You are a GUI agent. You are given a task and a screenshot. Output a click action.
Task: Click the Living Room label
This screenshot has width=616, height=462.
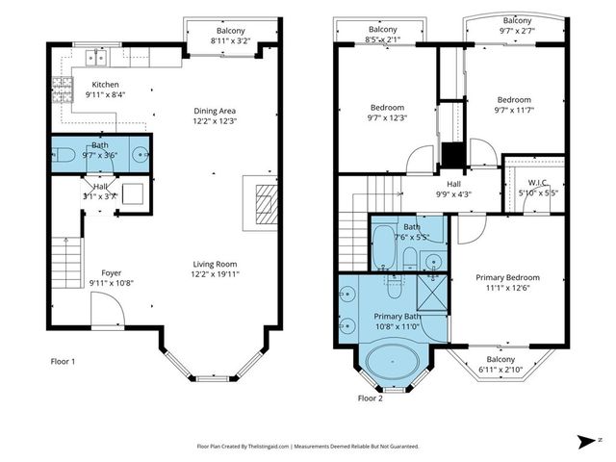(x=214, y=264)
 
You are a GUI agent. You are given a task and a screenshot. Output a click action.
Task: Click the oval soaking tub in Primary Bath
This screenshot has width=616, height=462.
(x=392, y=365)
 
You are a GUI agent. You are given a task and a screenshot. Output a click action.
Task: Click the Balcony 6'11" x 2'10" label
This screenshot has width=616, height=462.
(x=500, y=364)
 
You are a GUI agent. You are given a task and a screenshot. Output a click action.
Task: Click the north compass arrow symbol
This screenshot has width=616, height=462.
(x=586, y=441)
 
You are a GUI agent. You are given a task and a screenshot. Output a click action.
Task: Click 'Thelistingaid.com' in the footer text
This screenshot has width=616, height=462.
(x=263, y=447)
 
